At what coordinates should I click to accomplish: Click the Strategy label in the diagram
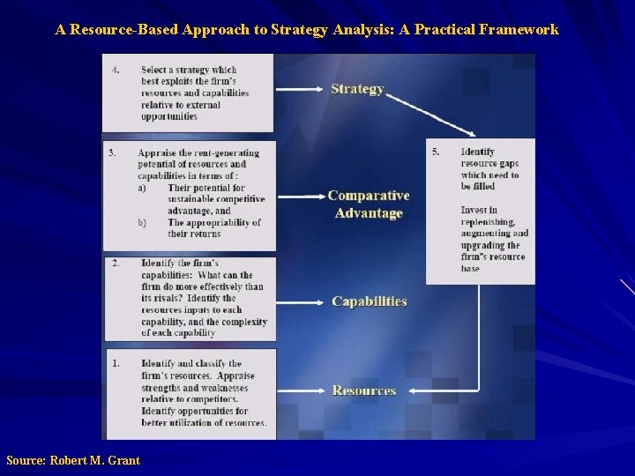pos(357,89)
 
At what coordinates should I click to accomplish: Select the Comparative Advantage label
pos(369,205)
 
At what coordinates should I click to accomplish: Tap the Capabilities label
pos(369,301)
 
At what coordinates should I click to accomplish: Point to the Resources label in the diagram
pos(363,390)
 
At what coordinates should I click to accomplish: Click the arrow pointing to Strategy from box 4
pos(300,89)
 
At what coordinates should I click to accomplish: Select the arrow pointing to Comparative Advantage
pos(300,196)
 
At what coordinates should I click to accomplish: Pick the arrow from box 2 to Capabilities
pos(300,301)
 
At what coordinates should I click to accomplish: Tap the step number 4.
pos(115,71)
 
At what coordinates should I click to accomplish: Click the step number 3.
pos(112,152)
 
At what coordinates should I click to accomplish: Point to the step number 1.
pos(116,363)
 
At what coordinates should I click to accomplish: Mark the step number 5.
pos(436,152)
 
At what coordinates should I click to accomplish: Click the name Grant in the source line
pos(123,460)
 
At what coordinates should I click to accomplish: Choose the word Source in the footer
pos(25,460)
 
